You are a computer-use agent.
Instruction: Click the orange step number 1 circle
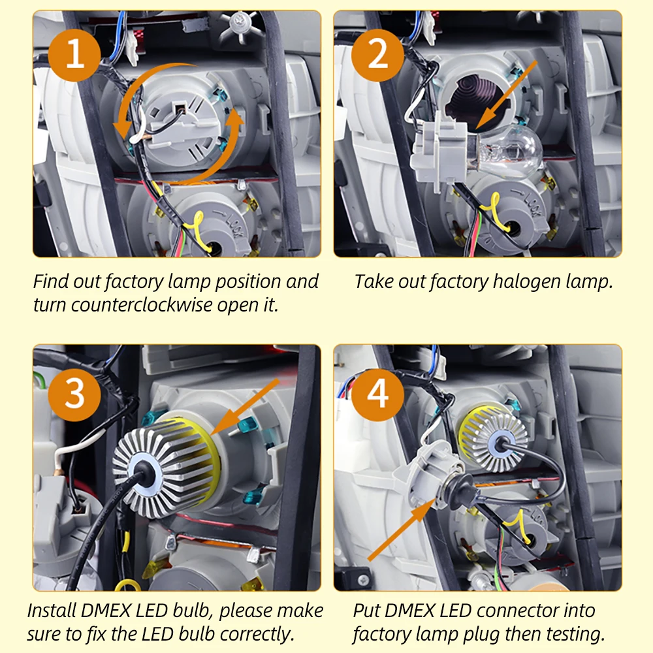click(x=74, y=56)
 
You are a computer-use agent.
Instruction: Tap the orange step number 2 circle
click(x=377, y=56)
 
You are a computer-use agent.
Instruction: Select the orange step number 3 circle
click(x=74, y=394)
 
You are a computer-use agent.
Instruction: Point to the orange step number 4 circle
click(x=377, y=394)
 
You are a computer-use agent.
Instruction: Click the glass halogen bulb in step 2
click(x=509, y=152)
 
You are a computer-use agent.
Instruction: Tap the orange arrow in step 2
click(x=507, y=94)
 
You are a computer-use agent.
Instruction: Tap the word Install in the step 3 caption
click(x=52, y=611)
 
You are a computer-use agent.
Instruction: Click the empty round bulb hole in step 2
click(x=472, y=101)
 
